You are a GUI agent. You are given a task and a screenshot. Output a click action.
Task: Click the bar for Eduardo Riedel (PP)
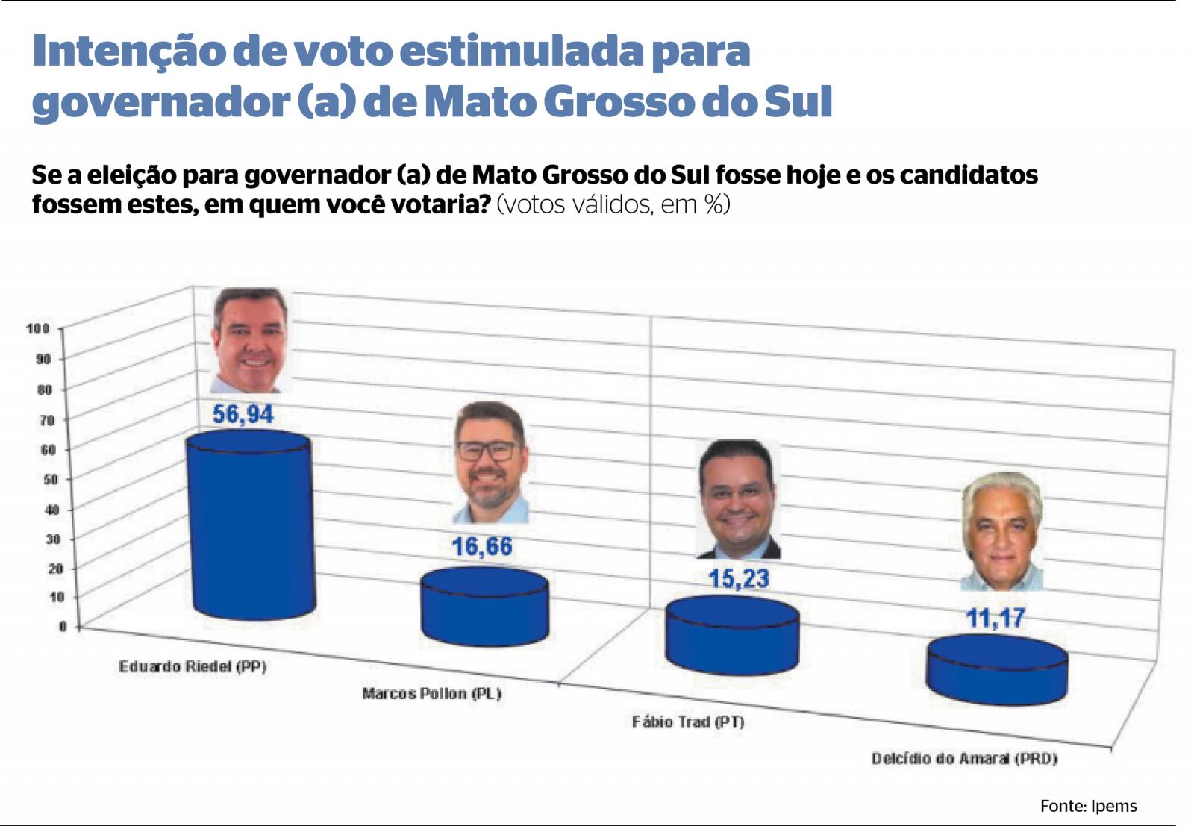coord(250,530)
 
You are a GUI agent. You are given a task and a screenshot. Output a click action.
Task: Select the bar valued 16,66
coord(484,608)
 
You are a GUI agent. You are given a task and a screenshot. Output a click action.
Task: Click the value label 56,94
coord(243,414)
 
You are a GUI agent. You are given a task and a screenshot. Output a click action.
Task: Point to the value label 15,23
coord(738,579)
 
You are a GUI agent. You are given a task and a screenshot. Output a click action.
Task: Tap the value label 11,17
coord(995,619)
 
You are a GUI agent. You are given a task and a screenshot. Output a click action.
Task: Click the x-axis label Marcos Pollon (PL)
coord(431,694)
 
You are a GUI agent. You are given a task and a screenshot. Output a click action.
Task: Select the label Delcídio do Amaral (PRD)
coord(964,759)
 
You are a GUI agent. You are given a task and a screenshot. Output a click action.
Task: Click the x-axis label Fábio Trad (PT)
coord(687,722)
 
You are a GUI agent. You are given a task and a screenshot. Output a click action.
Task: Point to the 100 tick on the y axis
coord(38,328)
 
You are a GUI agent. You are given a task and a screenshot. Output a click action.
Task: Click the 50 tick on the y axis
coord(50,479)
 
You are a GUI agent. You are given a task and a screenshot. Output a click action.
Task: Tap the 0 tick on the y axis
coord(63,627)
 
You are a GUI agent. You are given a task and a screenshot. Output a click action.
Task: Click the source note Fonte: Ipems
coord(1088,806)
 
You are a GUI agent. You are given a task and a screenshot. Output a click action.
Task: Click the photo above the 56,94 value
coord(249,341)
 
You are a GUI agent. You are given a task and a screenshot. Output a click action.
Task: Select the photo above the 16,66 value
coord(490,463)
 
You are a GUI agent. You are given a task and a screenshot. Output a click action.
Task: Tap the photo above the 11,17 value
coord(1001,531)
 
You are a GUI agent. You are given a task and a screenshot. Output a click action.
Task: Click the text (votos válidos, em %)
coord(613,204)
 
